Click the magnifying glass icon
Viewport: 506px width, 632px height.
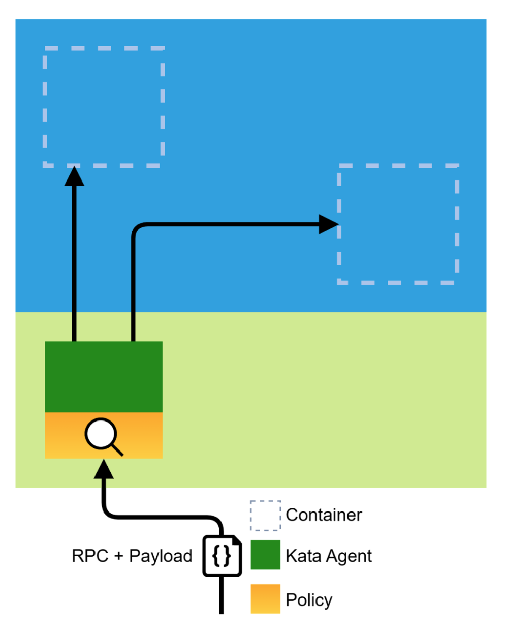pyautogui.click(x=102, y=436)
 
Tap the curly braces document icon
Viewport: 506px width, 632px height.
pyautogui.click(x=222, y=555)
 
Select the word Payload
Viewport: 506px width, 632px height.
pyautogui.click(x=161, y=556)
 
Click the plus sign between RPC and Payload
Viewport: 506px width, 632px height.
pyautogui.click(x=118, y=556)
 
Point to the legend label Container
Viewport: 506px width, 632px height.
pyautogui.click(x=324, y=515)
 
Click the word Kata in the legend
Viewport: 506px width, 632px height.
pyautogui.click(x=303, y=556)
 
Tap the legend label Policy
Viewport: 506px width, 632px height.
pyautogui.click(x=308, y=599)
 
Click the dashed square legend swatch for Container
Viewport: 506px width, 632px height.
pyautogui.click(x=265, y=515)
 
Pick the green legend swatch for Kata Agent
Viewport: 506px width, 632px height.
pyautogui.click(x=265, y=555)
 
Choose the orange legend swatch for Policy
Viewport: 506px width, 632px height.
pyautogui.click(x=265, y=598)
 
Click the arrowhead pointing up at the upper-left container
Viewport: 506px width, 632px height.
pyautogui.click(x=74, y=176)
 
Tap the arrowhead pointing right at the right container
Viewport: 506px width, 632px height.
pyautogui.click(x=328, y=224)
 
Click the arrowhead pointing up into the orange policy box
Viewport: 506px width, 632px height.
pyautogui.click(x=104, y=469)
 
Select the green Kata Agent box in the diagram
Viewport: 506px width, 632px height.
pyautogui.click(x=104, y=376)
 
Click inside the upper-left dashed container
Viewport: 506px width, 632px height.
pyautogui.click(x=104, y=107)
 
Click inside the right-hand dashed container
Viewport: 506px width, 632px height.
pyautogui.click(x=398, y=224)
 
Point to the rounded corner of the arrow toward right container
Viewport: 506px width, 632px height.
pyautogui.click(x=136, y=227)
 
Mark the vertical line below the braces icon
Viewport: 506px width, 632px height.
pyautogui.click(x=222, y=595)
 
